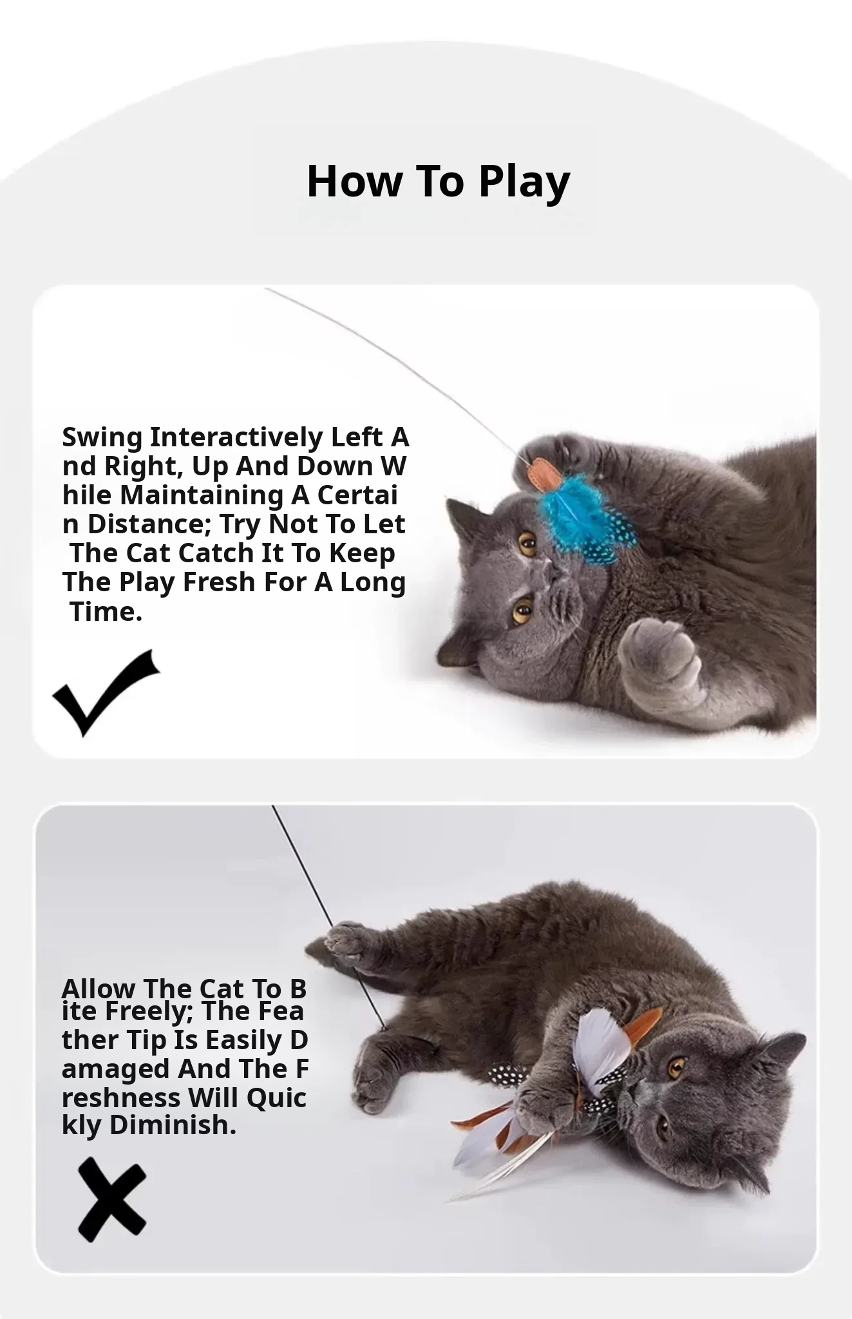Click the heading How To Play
[439, 181]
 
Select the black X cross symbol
[112, 1199]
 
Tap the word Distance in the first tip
[150, 524]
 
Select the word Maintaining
[202, 495]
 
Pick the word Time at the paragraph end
[106, 611]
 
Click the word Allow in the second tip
[99, 988]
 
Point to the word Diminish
[173, 1125]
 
